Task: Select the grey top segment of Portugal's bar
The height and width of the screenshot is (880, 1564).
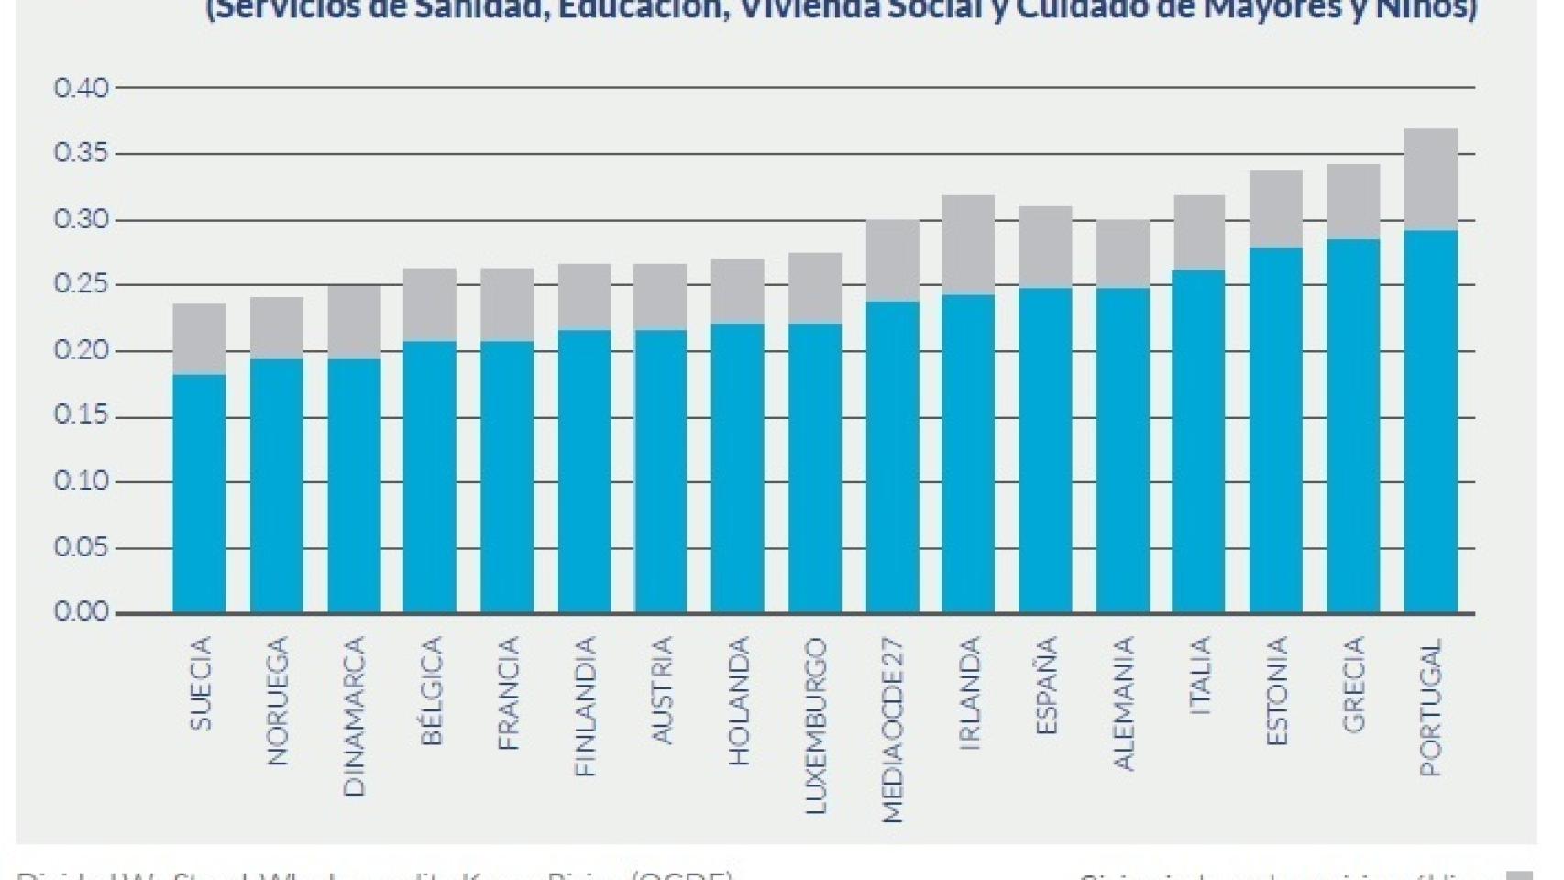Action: [1430, 180]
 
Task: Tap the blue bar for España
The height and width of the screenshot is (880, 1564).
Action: [1045, 450]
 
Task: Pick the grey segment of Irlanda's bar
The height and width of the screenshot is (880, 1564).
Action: [968, 245]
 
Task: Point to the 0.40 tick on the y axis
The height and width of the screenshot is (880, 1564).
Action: [82, 89]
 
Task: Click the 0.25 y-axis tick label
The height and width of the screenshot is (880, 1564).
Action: [82, 285]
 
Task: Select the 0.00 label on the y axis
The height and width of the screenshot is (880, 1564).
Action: [82, 612]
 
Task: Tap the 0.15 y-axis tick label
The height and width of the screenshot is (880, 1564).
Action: [82, 416]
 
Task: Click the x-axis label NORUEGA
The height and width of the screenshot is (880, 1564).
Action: [277, 700]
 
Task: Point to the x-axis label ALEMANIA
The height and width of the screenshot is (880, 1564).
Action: [1122, 703]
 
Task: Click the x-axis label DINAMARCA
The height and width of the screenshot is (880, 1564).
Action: [354, 716]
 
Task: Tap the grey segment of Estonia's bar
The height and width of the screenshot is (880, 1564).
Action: [1275, 209]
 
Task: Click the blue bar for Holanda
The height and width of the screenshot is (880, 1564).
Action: [737, 467]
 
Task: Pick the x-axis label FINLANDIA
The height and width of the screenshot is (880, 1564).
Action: [584, 707]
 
